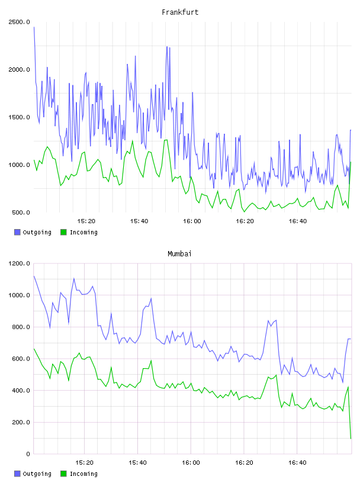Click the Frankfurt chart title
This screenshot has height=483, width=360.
pos(180,12)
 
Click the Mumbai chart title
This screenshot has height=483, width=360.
pos(179,254)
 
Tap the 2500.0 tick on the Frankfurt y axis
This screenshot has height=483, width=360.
pos(19,22)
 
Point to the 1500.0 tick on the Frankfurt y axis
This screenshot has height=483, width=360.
pos(19,117)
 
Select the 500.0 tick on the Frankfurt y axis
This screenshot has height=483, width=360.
pos(21,212)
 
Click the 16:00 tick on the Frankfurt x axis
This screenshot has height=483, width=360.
pos(192,221)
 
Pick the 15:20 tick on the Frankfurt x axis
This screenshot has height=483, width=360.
pos(86,221)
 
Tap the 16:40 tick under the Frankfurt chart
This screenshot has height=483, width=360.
pos(297,221)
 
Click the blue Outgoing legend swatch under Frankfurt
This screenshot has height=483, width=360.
pos(17,232)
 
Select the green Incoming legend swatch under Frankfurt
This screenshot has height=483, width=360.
pos(63,232)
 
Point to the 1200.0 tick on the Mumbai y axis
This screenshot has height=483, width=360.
pos(19,263)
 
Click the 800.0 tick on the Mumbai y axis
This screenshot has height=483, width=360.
pos(21,327)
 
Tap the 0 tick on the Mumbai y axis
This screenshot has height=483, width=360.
pos(28,454)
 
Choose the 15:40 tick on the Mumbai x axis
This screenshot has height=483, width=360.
pos(137,463)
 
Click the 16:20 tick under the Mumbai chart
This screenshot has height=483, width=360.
pos(244,463)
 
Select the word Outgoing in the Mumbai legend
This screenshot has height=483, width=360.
pos(37,474)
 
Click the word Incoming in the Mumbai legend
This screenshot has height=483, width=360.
pos(83,474)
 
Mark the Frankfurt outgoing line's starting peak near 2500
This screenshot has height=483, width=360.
pos(34,27)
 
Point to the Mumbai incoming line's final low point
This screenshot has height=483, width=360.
pos(351,438)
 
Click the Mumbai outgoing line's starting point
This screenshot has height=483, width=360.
pos(34,276)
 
